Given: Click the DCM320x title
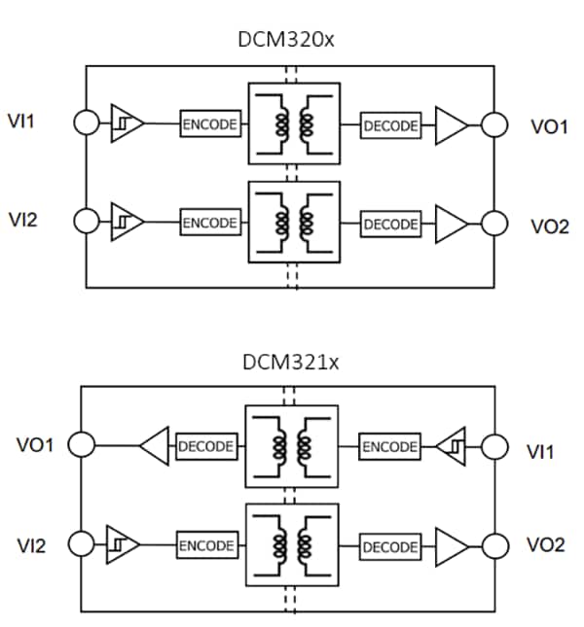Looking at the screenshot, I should tap(290, 42).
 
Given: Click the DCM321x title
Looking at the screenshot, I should tap(290, 363).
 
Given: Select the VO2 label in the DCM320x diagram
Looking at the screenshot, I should tap(549, 226).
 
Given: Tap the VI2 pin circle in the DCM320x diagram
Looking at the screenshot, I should tap(87, 222).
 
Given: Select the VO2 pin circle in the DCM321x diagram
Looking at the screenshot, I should tap(493, 545).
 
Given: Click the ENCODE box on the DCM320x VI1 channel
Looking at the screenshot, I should tap(210, 124).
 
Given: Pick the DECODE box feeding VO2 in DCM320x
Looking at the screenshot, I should tap(390, 224).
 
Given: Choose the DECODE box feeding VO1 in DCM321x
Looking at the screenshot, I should tap(205, 447).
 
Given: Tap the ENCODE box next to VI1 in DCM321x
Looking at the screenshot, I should tap(389, 447).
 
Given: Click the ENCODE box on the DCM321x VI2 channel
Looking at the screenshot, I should tap(205, 545).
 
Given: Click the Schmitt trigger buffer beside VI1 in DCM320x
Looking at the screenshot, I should tap(126, 123).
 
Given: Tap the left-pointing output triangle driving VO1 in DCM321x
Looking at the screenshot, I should tap(155, 447).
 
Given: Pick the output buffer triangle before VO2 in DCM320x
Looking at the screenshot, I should tap(450, 223).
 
